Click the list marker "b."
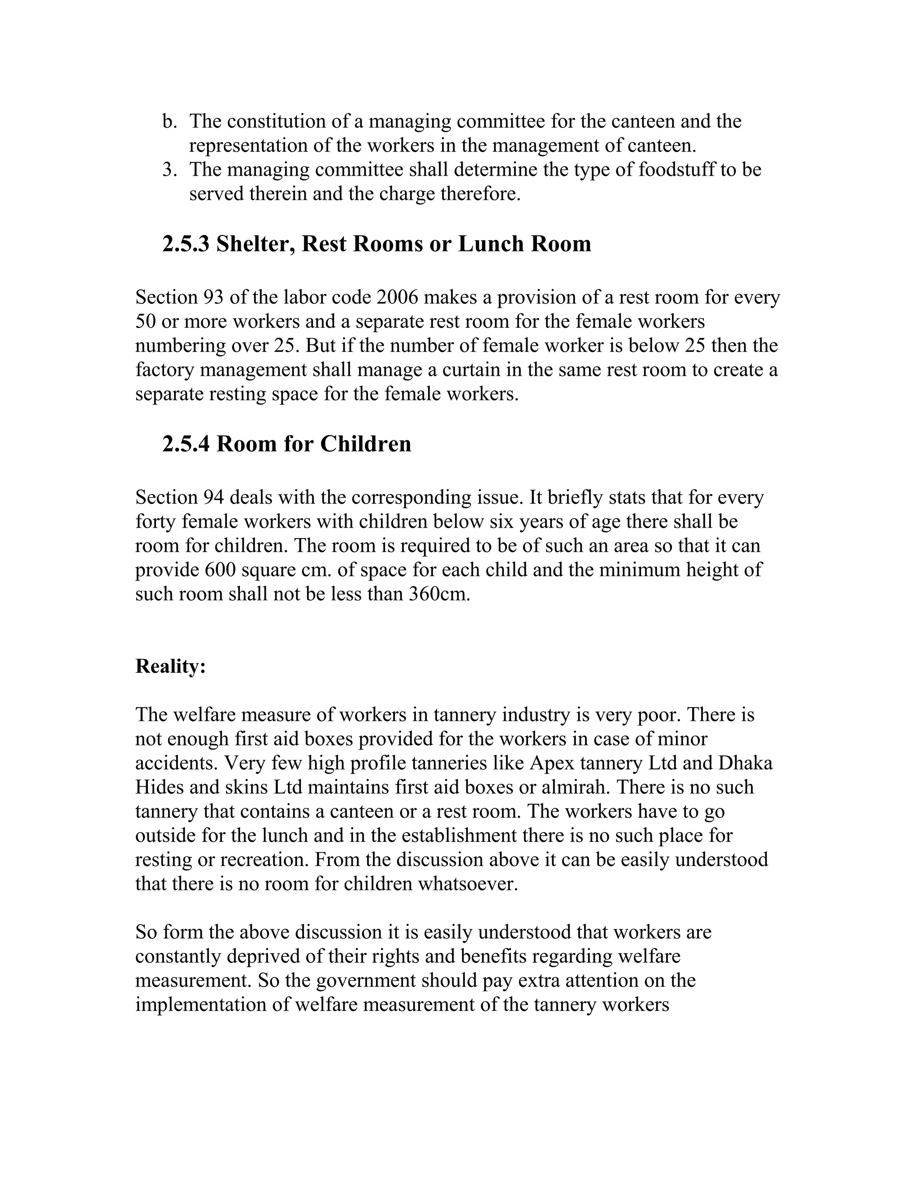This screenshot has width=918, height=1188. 170,121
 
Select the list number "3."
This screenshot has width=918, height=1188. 170,170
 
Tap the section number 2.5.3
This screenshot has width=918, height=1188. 186,244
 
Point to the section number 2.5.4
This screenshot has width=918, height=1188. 186,444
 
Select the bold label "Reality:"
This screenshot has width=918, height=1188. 171,666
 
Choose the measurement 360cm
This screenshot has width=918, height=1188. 439,594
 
